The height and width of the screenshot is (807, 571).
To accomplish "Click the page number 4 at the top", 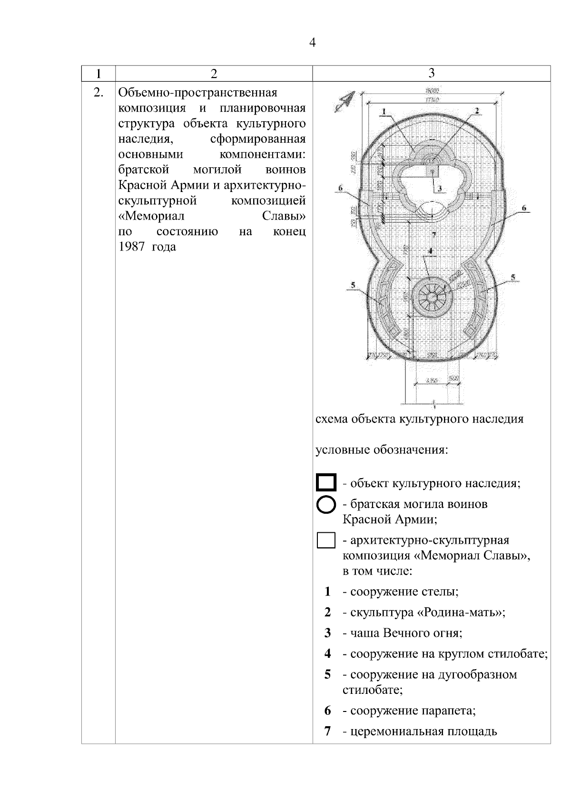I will [312, 43].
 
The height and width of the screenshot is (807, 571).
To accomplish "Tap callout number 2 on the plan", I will [475, 110].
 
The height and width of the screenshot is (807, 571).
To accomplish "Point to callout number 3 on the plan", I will [440, 189].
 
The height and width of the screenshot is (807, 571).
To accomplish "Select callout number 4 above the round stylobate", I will [430, 250].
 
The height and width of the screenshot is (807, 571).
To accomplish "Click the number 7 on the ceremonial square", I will [433, 234].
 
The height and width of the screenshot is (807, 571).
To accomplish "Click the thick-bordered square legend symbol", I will [326, 482].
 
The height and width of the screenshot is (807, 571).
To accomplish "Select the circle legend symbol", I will [326, 505].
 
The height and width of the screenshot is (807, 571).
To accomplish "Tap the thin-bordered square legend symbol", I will [326, 541].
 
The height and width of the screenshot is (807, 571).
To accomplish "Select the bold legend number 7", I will [327, 731].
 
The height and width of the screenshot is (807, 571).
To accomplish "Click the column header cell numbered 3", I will [431, 73].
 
